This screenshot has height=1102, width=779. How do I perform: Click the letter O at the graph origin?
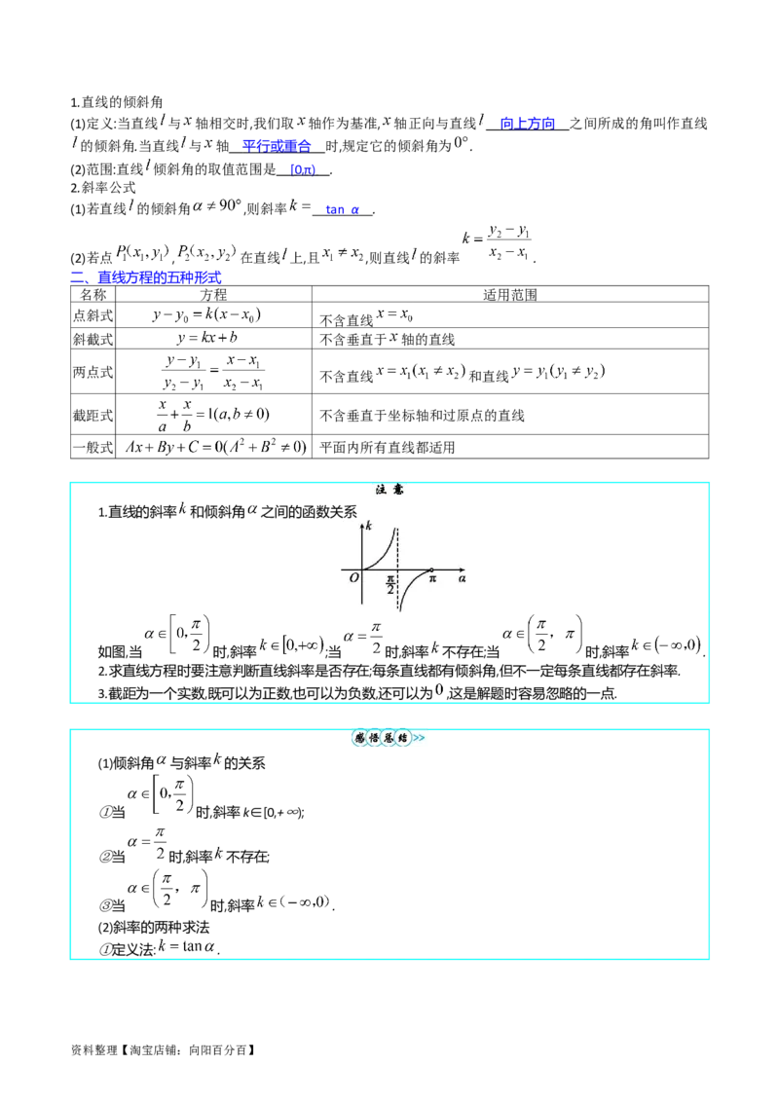point(353,578)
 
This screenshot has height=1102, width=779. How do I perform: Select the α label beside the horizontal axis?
point(463,578)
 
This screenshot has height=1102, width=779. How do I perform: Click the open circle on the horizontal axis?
point(431,568)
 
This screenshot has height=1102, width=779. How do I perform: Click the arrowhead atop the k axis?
point(362,523)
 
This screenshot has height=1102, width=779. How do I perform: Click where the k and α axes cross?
point(362,568)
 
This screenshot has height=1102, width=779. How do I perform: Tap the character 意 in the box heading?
point(400,491)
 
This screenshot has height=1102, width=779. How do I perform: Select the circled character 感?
point(359,739)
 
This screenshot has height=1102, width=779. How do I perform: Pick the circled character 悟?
point(373,739)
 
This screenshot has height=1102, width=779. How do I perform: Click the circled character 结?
point(401,739)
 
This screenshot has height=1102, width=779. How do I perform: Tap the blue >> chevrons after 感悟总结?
point(418,739)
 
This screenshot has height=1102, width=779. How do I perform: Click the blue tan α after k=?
point(343,208)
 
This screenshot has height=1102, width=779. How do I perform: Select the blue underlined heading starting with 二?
point(146,276)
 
